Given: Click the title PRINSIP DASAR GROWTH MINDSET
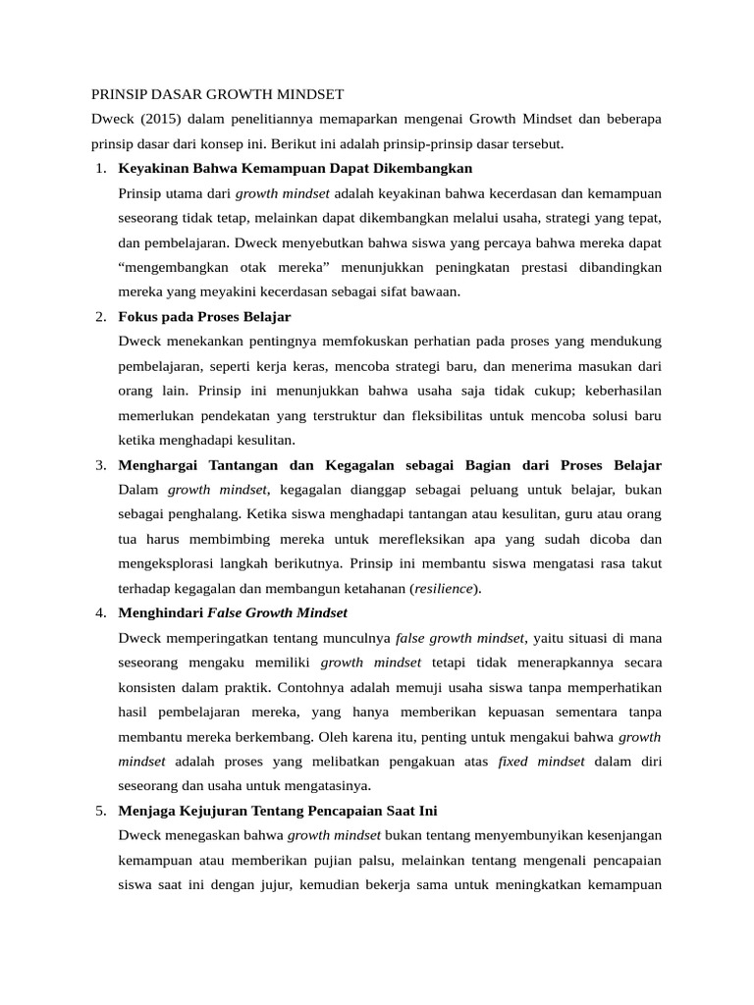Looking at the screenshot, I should [x=217, y=95].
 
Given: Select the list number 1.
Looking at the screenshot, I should [x=101, y=169].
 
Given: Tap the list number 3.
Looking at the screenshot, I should [x=101, y=464].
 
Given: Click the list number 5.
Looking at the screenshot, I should [x=101, y=811].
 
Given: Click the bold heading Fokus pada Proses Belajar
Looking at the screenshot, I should [x=204, y=317].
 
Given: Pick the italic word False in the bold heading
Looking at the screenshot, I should [x=225, y=612].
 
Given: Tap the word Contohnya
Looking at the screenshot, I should [x=314, y=687].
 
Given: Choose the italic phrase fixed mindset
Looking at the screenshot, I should [x=541, y=761].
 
